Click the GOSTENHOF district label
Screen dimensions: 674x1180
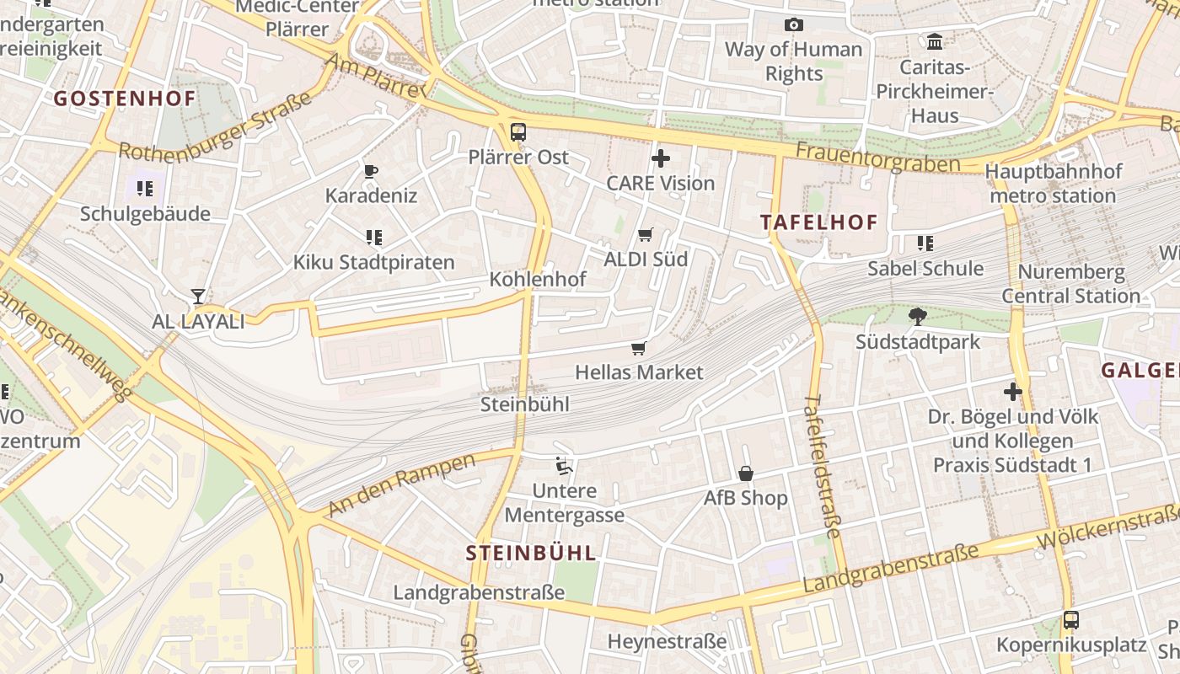[125, 99]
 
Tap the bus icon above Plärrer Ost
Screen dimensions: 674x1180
[518, 132]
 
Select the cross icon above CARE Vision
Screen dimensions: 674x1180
[661, 158]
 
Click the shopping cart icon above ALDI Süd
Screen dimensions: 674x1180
[646, 235]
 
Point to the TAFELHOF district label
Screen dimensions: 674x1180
[818, 222]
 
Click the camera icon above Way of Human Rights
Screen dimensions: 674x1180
[793, 25]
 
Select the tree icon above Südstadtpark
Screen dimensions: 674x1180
[918, 317]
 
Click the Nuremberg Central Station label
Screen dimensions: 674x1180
[1070, 284]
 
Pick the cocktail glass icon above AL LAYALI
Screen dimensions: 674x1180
[198, 297]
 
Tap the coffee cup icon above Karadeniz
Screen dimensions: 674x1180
[371, 172]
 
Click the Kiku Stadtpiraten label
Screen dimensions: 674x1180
[373, 262]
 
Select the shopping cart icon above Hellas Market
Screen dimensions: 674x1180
[639, 348]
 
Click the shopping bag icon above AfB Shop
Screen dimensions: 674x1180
[746, 473]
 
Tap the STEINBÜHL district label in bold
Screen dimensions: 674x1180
[531, 554]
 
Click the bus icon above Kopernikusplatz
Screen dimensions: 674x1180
[1071, 621]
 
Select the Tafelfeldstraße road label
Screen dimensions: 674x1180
[823, 465]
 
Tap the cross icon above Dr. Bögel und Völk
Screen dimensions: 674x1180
[1013, 392]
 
